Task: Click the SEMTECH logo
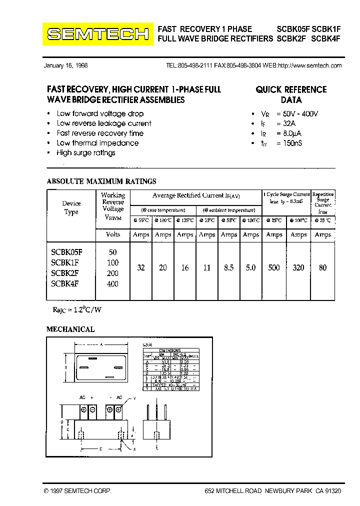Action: [98, 34]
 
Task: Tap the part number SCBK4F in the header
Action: [325, 38]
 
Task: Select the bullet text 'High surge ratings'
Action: [86, 153]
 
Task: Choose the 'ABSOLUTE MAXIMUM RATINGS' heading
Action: [101, 181]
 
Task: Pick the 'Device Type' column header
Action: [71, 207]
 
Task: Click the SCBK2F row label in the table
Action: [65, 273]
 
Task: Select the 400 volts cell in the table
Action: [113, 283]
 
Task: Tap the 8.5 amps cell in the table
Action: [229, 268]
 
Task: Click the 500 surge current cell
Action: [274, 268]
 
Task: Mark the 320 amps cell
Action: [298, 268]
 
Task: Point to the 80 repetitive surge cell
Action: [323, 268]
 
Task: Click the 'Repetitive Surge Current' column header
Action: [323, 199]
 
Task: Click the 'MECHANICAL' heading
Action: [70, 329]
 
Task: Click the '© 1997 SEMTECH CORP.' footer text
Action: [77, 491]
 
